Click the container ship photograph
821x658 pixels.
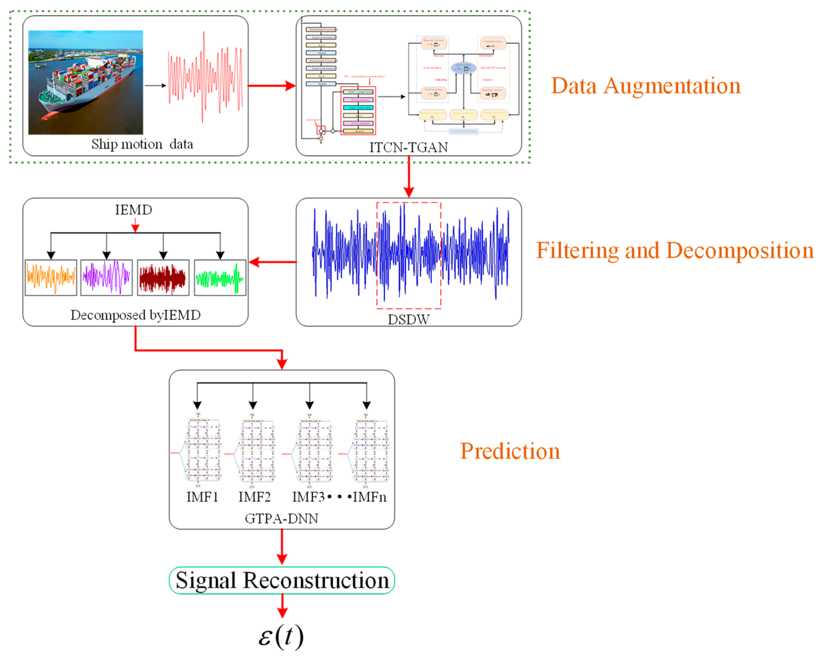tap(86, 82)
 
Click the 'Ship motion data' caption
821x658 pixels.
tap(142, 144)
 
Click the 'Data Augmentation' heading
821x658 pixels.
tap(646, 86)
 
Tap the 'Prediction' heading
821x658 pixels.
tap(510, 451)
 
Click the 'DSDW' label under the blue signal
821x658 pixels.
tap(409, 319)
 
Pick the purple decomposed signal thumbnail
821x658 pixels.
tap(107, 278)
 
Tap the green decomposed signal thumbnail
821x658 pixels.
tap(220, 278)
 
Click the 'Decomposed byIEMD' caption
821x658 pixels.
tap(135, 315)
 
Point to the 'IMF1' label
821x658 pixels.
tap(202, 497)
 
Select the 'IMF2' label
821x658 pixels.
tap(254, 497)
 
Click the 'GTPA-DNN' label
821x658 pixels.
tap(281, 518)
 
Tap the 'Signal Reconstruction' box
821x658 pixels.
tap(282, 580)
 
